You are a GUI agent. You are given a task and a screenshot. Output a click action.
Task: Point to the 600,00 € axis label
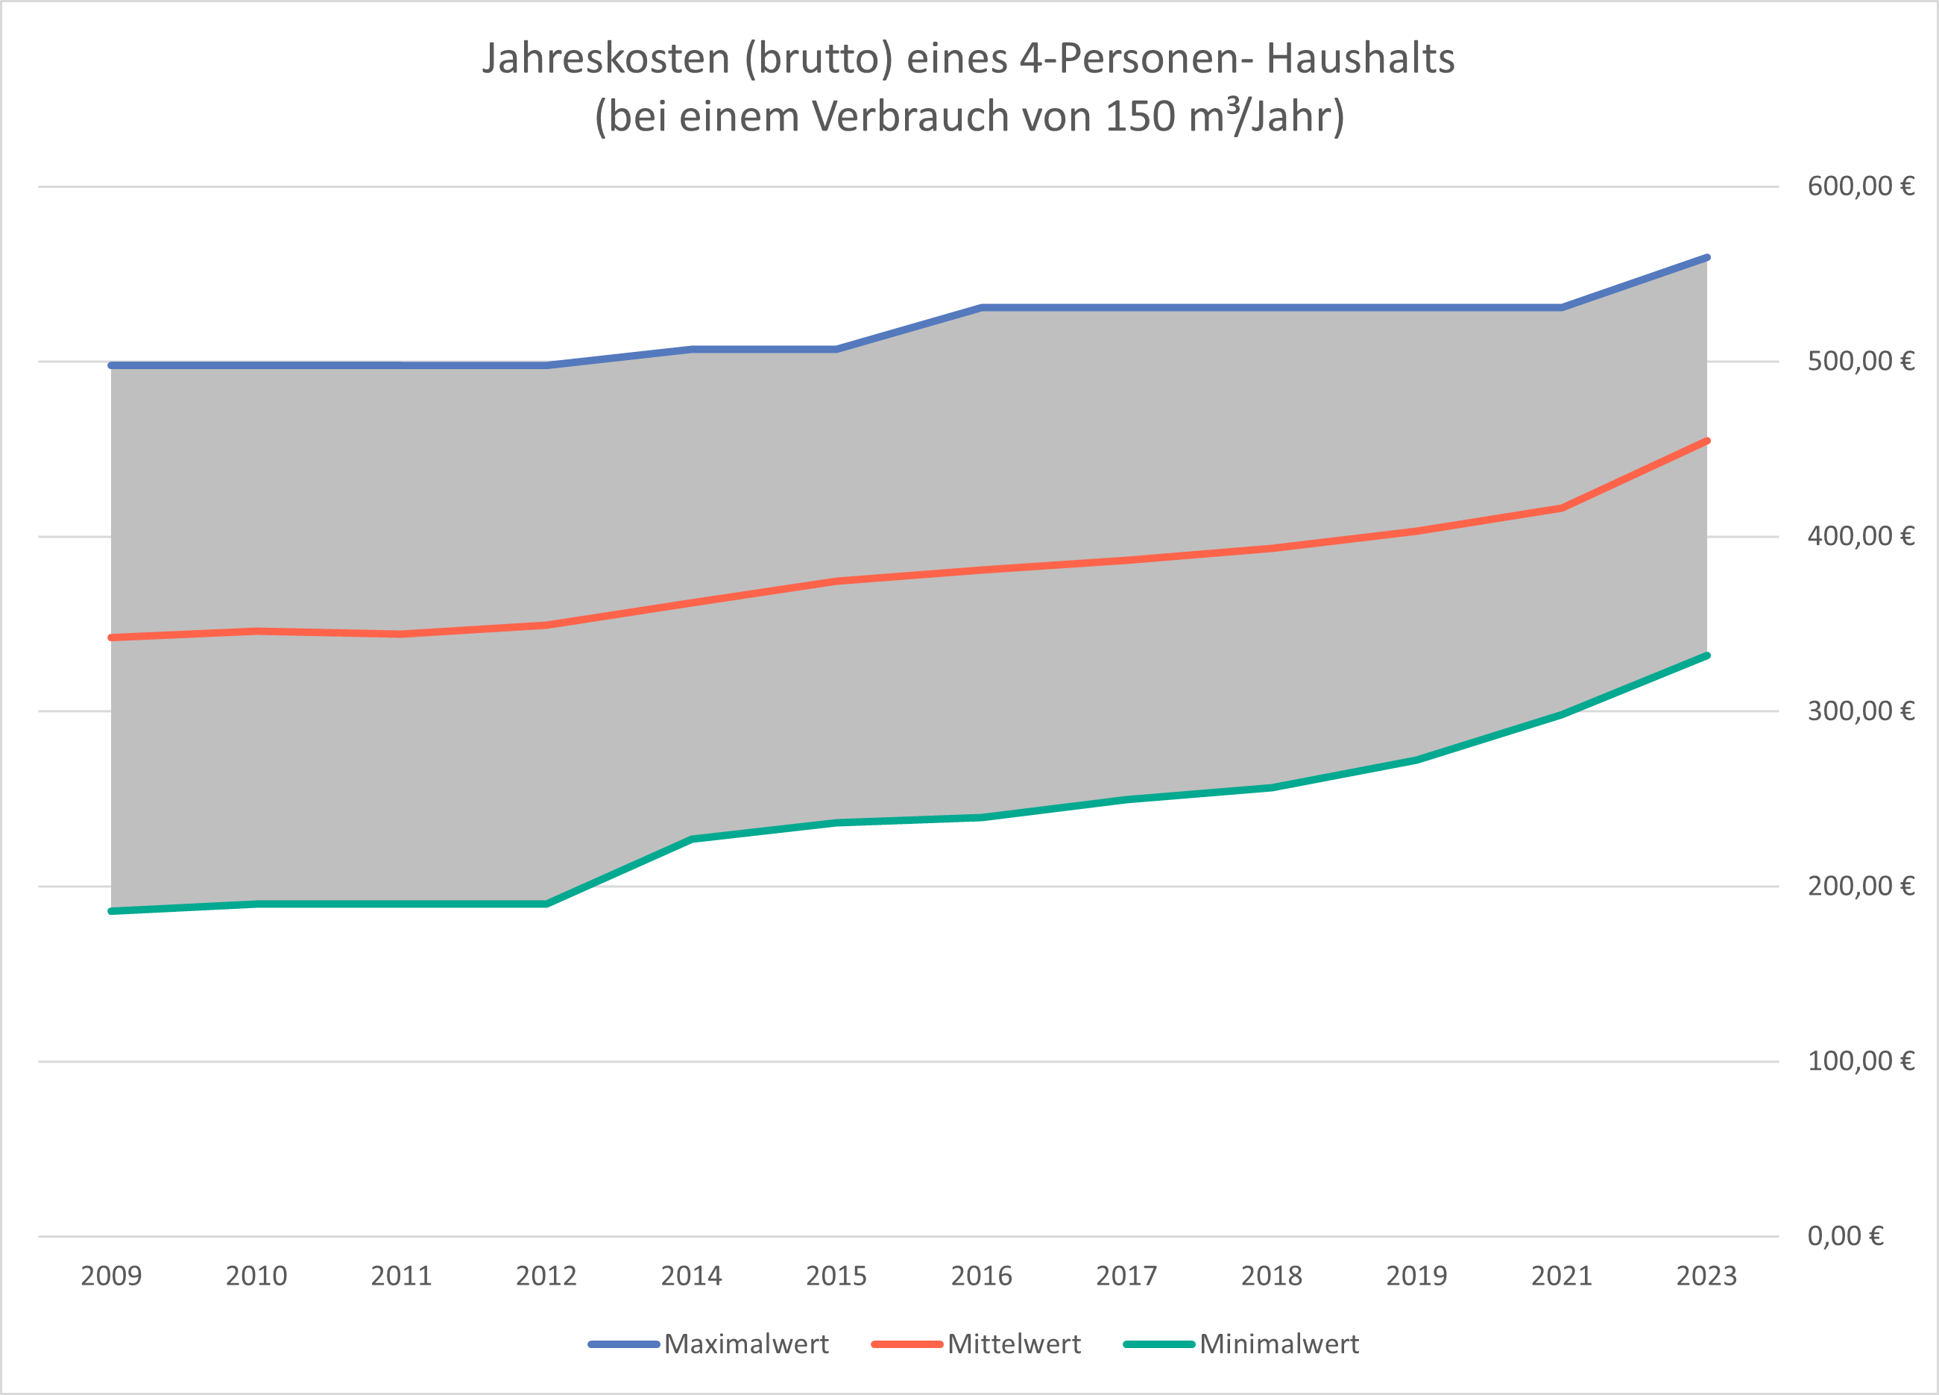[1860, 186]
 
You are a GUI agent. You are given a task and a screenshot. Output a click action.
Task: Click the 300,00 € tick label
[1860, 711]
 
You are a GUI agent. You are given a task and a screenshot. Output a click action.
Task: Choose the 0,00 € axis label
[1845, 1236]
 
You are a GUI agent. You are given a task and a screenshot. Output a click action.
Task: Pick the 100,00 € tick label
[1860, 1060]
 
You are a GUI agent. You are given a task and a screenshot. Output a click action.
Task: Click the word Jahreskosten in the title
[606, 58]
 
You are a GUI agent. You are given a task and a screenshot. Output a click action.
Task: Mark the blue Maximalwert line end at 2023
[1706, 257]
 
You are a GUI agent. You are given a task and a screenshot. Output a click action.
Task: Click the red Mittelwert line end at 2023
[1706, 441]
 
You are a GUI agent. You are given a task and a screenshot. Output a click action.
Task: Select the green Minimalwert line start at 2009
[112, 911]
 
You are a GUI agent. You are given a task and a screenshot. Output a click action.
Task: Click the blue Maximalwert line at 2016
[982, 307]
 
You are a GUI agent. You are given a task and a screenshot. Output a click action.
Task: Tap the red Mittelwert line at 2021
[1561, 508]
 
